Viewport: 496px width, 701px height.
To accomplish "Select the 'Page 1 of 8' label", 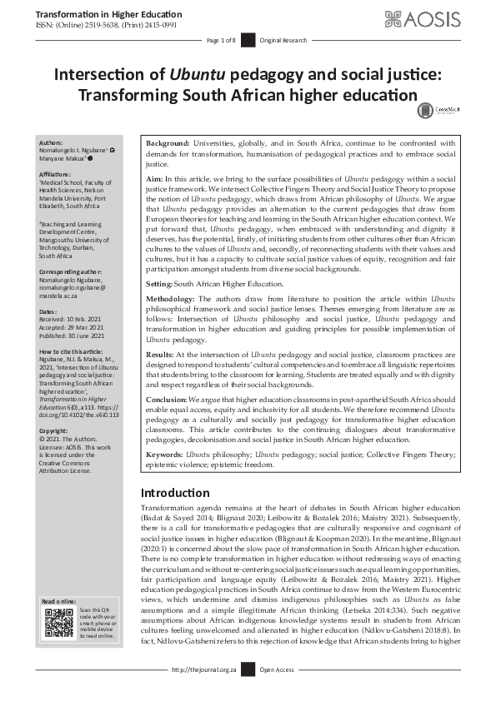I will [222, 41].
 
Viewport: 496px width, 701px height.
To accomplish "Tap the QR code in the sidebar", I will [58, 622].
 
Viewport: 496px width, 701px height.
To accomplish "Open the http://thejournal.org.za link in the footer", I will [203, 691].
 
